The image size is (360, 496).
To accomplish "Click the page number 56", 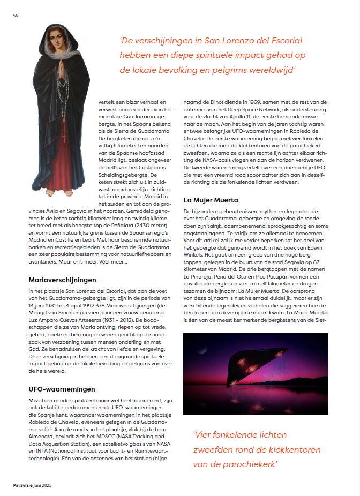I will pos(16,15).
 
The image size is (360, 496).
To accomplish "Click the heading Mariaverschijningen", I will pos(62,280).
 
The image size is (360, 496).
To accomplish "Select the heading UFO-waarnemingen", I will pos(62,389).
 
